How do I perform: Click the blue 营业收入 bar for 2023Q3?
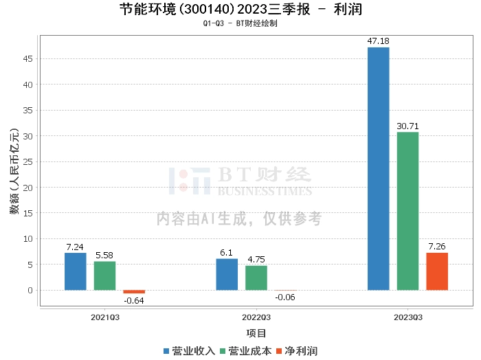378,168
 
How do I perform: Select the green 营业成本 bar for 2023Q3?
407,211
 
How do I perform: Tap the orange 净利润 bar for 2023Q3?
437,271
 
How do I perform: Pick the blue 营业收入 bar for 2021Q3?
76,271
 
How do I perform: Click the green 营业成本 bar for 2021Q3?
105,275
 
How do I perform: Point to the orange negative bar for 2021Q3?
134,292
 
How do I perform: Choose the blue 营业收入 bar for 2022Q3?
227,274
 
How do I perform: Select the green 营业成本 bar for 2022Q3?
256,278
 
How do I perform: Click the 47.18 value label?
378,41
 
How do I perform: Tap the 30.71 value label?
407,126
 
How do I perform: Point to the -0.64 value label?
133,300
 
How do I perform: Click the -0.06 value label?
285,297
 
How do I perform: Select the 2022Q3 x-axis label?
256,317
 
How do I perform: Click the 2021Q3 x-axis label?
105,317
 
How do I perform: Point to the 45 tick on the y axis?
28,59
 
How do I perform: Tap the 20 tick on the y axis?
28,188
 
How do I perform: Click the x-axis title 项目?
256,333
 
